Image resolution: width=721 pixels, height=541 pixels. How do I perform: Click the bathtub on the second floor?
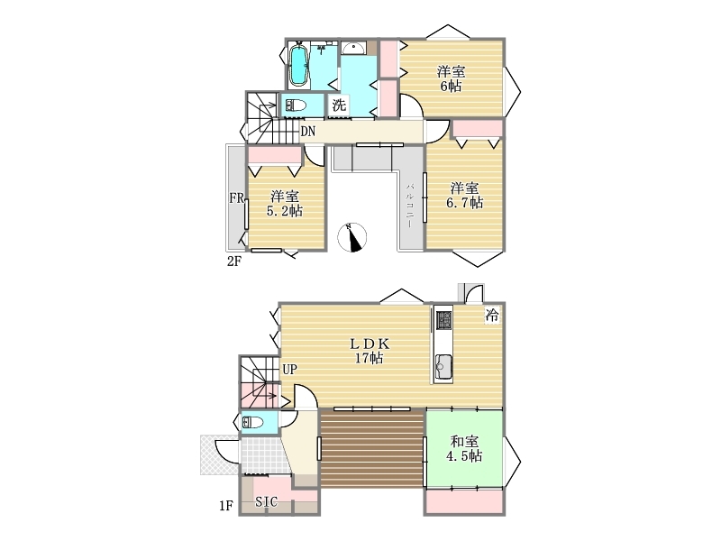[299, 65]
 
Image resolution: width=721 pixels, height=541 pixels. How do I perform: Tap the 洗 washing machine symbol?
[339, 105]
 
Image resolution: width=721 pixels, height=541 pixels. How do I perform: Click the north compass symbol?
[352, 238]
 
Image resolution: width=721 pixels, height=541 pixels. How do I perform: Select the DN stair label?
[307, 132]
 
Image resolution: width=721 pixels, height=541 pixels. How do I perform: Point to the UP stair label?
[289, 369]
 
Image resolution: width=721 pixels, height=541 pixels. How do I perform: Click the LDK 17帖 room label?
[370, 351]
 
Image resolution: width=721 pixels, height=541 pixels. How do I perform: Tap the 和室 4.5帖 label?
[464, 448]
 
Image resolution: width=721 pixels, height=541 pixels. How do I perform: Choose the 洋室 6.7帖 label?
[464, 195]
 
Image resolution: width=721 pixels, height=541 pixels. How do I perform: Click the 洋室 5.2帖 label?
[285, 204]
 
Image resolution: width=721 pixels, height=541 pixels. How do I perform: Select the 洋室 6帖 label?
[451, 78]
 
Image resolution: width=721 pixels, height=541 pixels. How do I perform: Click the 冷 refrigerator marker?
[491, 315]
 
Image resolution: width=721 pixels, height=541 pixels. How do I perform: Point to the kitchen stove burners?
[443, 320]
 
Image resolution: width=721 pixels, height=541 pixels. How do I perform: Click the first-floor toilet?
[252, 422]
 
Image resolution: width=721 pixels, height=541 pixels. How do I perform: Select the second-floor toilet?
[296, 105]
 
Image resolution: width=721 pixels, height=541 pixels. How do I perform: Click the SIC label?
[266, 501]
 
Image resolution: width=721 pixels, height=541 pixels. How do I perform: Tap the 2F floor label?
[234, 261]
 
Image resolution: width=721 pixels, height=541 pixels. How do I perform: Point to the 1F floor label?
[226, 506]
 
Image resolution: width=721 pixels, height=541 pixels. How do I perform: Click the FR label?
[236, 197]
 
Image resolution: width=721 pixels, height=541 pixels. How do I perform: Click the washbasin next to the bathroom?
[353, 48]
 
